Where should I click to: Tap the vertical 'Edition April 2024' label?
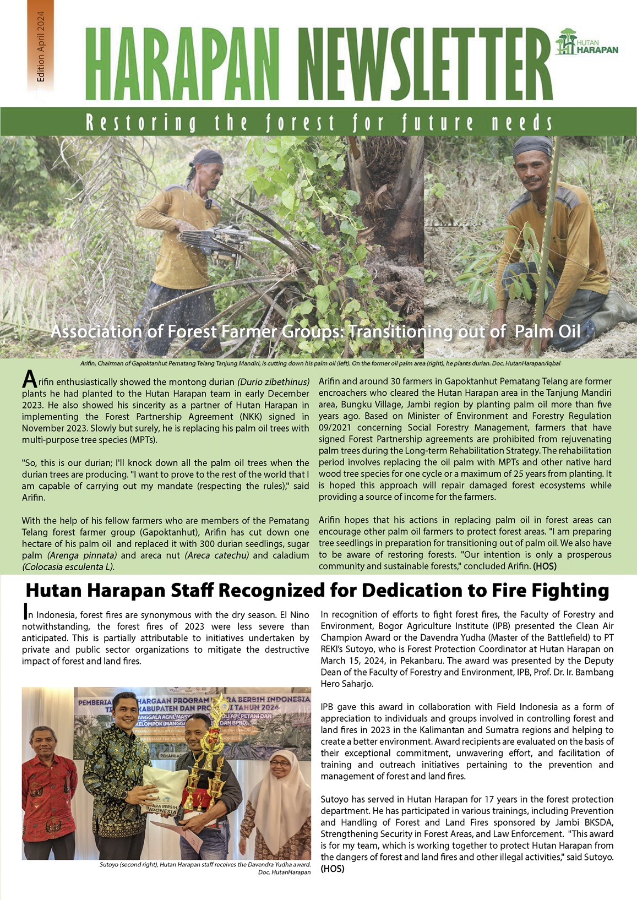(41, 50)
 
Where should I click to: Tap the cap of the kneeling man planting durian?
(532, 146)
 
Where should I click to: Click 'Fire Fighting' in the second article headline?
(531, 591)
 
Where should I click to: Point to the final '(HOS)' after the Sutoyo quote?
(333, 869)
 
